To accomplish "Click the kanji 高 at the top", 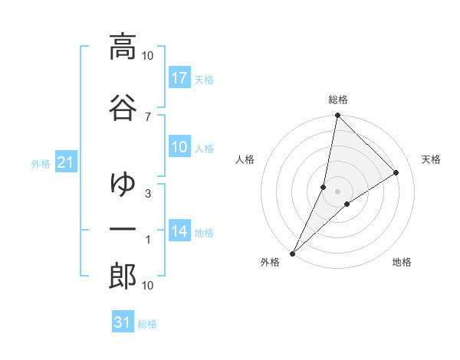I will (x=123, y=47).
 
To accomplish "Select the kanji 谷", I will (x=123, y=106).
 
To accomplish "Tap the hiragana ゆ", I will (x=123, y=183).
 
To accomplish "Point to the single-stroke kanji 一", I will (x=123, y=230).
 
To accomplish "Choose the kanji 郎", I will (x=123, y=277).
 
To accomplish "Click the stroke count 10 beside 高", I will (x=148, y=56).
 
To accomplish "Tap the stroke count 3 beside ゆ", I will (x=148, y=193).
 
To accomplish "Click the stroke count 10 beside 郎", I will (x=148, y=286).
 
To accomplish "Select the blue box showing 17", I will (x=179, y=78).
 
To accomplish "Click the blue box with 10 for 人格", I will (x=179, y=147).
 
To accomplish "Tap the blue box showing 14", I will (x=179, y=231).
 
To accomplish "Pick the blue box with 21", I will (x=66, y=162).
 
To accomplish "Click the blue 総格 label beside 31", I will (x=147, y=324).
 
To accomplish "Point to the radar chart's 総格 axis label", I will (x=338, y=100).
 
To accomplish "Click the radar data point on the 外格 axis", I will (x=293, y=253).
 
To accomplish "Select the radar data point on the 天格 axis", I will (x=396, y=173).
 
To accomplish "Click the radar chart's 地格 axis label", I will (x=402, y=263).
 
